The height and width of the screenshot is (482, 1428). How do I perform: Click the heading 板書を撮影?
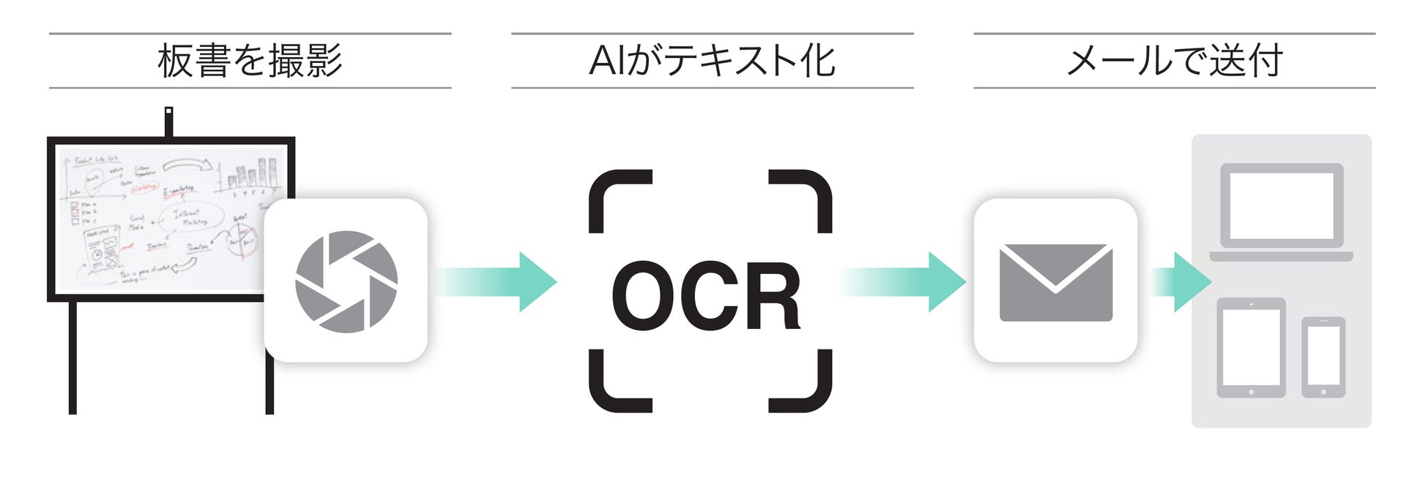pos(250,61)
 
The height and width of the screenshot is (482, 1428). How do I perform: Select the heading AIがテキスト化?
pos(712,61)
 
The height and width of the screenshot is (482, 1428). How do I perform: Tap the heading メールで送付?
pos(1174,61)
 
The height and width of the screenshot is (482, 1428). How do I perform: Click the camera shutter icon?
pos(346,281)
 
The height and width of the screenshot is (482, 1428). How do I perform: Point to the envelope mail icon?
pos(1055,282)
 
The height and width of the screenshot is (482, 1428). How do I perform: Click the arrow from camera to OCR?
pos(498,282)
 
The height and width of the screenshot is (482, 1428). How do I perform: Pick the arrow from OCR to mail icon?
pos(904,282)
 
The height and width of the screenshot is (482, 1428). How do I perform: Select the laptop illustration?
pos(1281,212)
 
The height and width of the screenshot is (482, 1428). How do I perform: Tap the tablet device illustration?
pos(1251,347)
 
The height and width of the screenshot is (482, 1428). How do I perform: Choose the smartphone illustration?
pos(1323,357)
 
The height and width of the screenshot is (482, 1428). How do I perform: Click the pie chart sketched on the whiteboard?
pos(242,240)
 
